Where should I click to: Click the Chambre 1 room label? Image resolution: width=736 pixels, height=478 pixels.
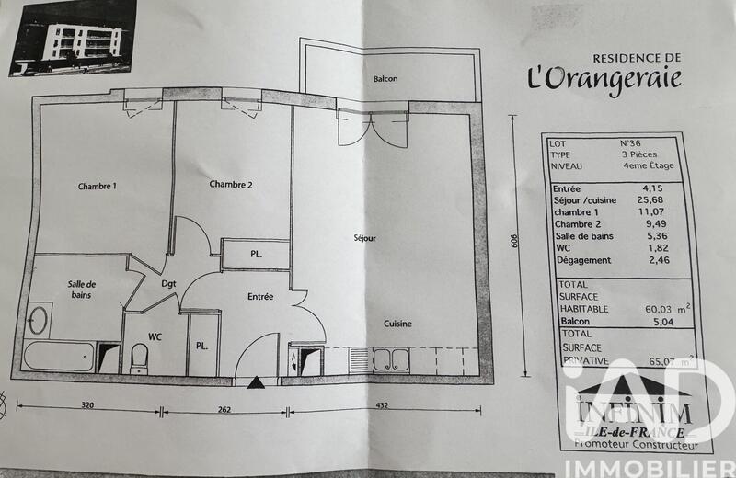97,187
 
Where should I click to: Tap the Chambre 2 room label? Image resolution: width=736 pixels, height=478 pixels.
231,184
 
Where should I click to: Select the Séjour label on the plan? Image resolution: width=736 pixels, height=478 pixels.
365,238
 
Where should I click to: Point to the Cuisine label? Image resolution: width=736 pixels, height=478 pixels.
397,324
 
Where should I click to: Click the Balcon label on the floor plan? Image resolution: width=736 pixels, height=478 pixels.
385,79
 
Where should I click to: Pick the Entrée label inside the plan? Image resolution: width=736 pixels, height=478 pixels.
260,296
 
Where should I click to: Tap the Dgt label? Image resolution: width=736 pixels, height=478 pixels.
168,284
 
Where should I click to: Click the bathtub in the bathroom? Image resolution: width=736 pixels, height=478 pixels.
61,356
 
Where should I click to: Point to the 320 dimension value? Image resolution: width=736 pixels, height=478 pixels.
87,404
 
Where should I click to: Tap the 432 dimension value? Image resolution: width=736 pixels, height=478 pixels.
380,405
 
